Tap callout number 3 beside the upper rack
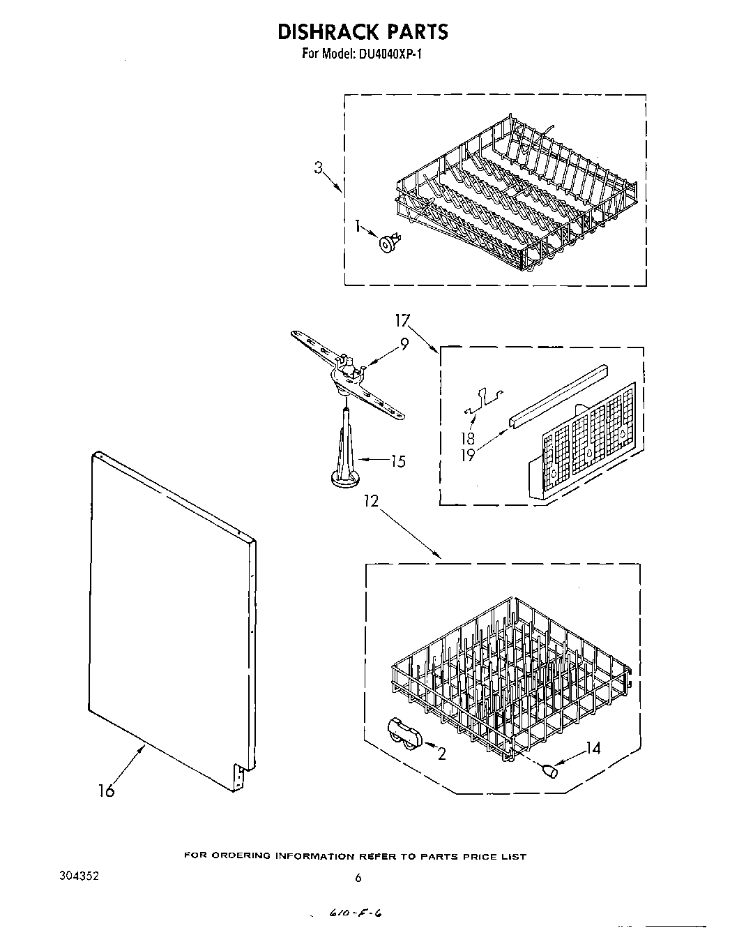319,167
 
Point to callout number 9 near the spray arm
404,343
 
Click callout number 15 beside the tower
397,461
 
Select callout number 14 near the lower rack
593,748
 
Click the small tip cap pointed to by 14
549,770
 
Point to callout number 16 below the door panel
107,791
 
